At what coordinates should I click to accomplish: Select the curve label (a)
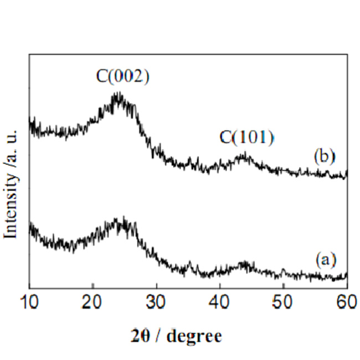point(326,259)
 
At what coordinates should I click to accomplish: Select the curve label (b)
point(325,156)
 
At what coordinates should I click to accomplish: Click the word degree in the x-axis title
point(194,336)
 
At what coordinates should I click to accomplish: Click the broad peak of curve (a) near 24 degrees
point(117,221)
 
